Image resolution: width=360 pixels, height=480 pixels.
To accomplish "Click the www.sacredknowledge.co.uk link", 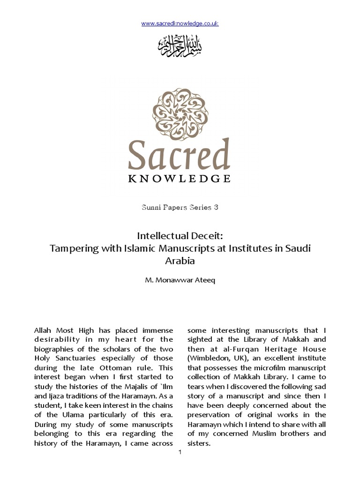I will pos(180,23).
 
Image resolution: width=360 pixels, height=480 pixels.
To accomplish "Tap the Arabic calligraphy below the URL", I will pos(180,45).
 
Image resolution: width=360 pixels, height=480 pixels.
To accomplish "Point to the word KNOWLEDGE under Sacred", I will pos(180,179).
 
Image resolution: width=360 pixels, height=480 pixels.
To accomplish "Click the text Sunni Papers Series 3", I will pos(180,207).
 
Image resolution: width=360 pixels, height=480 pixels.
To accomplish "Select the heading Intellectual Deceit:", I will pos(180,235).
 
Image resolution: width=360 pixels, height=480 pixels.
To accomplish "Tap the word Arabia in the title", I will pos(180,261).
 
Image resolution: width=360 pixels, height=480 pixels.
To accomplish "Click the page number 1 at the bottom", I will pos(180,452).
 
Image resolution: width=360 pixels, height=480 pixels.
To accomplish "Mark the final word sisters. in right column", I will pos(199,442).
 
